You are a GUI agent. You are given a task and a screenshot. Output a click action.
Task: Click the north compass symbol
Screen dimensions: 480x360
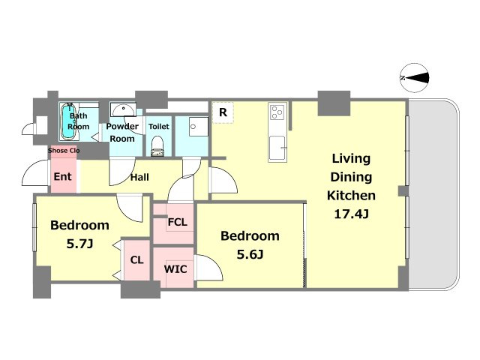[x=415, y=78]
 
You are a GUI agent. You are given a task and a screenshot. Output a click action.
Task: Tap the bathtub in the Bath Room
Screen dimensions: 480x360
[x=68, y=121]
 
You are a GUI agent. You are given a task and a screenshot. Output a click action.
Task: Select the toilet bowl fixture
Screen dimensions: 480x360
[x=157, y=146]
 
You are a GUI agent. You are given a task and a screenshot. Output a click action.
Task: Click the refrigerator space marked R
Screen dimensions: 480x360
[x=223, y=112]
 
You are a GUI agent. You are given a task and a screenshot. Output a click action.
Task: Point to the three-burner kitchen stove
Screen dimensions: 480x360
[x=278, y=112]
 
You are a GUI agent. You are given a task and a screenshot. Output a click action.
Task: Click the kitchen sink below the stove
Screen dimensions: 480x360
[x=277, y=148]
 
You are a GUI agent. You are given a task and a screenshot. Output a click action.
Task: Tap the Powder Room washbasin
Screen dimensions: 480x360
[x=123, y=110]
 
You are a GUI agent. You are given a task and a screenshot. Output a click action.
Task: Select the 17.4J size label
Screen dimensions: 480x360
[x=351, y=214]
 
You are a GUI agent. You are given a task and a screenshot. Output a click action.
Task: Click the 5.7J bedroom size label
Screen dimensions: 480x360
[x=79, y=244]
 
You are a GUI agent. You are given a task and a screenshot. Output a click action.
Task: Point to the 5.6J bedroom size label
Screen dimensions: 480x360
[x=250, y=254]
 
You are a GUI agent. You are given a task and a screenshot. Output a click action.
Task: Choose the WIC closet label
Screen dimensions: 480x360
[x=175, y=269]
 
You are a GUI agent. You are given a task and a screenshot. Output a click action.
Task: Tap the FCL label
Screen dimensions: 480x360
[x=178, y=222]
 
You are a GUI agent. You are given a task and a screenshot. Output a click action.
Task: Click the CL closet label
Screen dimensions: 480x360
[x=136, y=260]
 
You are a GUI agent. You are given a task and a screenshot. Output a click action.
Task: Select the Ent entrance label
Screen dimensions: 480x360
[x=62, y=177]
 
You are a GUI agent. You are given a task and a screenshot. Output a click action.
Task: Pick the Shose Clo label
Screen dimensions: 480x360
[x=64, y=150]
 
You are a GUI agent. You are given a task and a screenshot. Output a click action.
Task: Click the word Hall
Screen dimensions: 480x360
[x=139, y=177]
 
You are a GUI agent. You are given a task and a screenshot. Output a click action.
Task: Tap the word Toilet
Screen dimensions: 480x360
[x=158, y=127]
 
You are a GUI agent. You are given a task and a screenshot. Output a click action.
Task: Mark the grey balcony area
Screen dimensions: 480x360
[x=433, y=194]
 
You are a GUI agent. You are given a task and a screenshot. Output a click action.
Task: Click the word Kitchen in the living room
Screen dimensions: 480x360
[x=351, y=195]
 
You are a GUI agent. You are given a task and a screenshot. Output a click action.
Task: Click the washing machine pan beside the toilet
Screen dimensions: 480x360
[x=198, y=127]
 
